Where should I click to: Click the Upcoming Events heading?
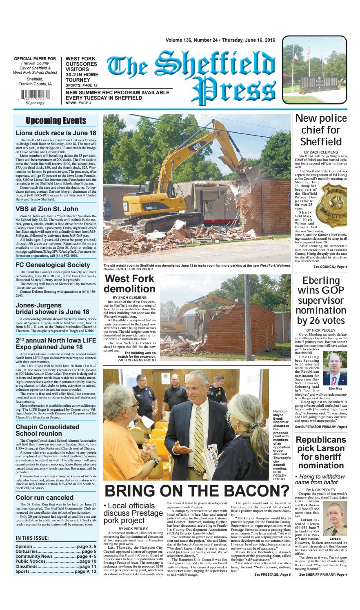pyautogui.click(x=56, y=121)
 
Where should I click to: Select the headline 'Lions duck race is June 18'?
pyautogui.click(x=56, y=133)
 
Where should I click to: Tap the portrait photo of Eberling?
pyautogui.click(x=335, y=369)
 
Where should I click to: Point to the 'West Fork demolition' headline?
pyautogui.click(x=130, y=284)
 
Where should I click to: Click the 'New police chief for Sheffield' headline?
pyautogui.click(x=321, y=130)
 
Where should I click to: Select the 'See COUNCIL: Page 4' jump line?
pyautogui.click(x=330, y=267)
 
